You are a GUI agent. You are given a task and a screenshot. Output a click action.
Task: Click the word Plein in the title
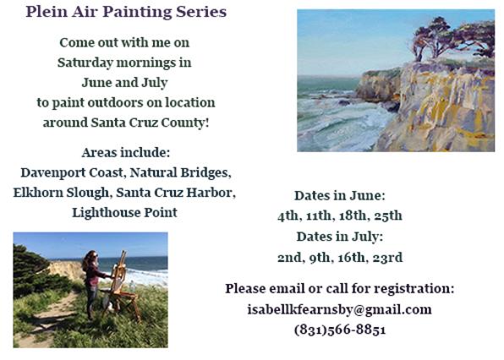(x=47, y=12)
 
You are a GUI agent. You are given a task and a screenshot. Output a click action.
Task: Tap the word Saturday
(x=85, y=63)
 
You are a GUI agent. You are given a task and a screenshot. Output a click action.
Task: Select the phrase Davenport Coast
(x=72, y=172)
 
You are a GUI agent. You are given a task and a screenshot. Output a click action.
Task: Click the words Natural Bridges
(x=180, y=172)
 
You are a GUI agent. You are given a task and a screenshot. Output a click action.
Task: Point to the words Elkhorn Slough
(x=61, y=193)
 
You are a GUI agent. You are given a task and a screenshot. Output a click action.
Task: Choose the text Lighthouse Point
(x=124, y=213)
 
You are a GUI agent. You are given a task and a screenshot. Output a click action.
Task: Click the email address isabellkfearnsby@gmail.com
(x=339, y=309)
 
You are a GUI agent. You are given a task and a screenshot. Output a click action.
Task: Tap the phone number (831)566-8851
(x=340, y=330)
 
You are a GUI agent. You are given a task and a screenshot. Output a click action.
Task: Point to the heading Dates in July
(x=340, y=237)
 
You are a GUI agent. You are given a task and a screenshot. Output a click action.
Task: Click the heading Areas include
(x=125, y=153)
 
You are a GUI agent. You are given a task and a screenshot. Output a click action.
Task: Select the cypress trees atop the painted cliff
(x=453, y=39)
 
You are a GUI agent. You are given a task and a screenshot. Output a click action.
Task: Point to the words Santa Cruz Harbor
(x=176, y=193)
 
